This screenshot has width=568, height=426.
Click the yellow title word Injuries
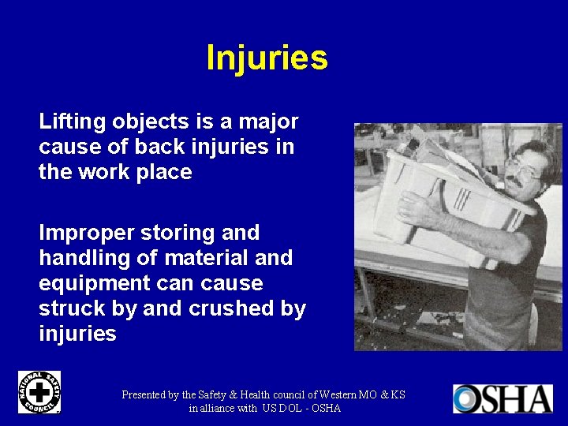point(267,58)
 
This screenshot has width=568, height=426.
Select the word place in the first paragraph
point(165,172)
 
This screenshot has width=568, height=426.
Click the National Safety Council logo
point(39,392)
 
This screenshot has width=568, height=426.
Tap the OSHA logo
point(503,398)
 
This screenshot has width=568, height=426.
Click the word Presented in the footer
point(149,394)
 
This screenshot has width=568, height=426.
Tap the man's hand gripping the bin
point(413,208)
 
